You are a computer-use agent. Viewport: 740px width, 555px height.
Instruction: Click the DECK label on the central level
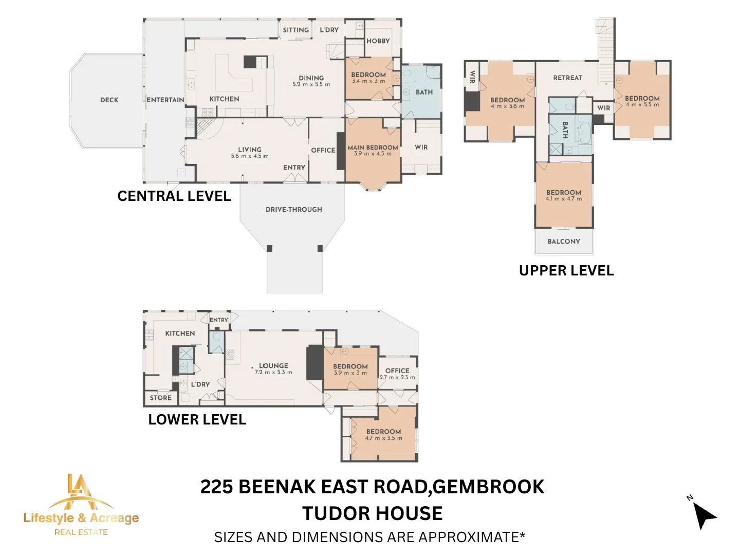[x=109, y=100]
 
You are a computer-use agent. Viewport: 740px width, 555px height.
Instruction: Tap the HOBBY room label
[x=378, y=41]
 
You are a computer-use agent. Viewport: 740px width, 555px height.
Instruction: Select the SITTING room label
[x=295, y=30]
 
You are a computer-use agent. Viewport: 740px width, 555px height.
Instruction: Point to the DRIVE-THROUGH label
[x=293, y=209]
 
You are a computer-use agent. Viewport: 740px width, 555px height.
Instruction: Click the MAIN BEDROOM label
[x=373, y=147]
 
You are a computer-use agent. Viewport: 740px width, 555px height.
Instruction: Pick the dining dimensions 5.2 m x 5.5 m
[x=311, y=84]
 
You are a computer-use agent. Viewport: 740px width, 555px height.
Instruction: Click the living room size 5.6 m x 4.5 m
[x=250, y=156]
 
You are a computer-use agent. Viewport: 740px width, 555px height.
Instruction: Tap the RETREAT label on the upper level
[x=567, y=78]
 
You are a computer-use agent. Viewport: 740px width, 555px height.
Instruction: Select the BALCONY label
[x=564, y=242]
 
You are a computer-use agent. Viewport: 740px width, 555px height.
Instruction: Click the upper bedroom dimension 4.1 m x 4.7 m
[x=564, y=199]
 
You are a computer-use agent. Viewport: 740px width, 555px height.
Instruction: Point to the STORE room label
[x=160, y=398]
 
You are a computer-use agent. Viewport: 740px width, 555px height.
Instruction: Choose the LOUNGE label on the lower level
[x=273, y=365]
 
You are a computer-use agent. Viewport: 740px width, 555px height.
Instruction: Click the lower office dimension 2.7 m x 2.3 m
[x=397, y=377]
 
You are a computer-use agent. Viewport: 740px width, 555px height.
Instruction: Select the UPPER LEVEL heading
[x=566, y=271]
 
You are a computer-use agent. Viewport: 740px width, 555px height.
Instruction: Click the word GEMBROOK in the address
[x=488, y=487]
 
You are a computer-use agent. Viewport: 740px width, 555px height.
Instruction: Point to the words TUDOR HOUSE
[x=373, y=513]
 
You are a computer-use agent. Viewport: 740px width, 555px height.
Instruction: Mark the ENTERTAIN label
[x=165, y=100]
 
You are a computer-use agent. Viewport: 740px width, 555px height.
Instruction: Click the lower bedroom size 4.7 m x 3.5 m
[x=384, y=438]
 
